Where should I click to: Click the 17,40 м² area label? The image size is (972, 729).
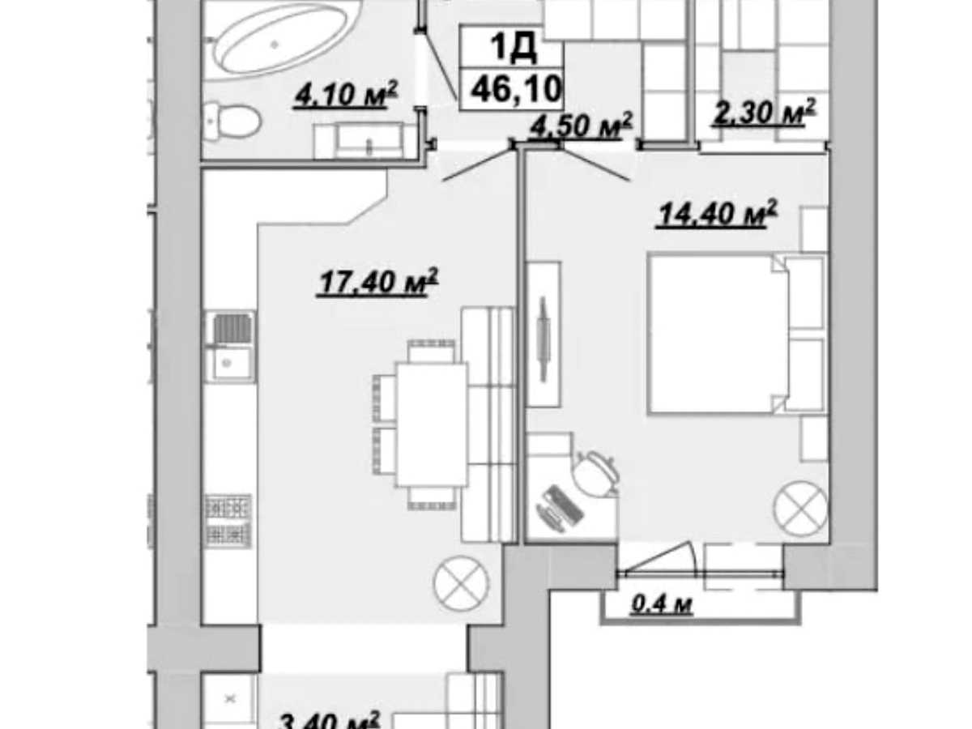[377, 282]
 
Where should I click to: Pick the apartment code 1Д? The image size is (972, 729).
[514, 46]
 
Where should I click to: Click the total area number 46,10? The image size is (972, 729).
[516, 89]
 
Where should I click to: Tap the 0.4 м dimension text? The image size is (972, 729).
[661, 604]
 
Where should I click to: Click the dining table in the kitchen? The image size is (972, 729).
[432, 424]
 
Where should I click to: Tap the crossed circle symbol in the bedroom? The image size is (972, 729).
[800, 508]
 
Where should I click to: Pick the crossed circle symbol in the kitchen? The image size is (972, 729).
[462, 583]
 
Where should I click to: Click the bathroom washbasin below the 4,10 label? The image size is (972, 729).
[359, 141]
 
